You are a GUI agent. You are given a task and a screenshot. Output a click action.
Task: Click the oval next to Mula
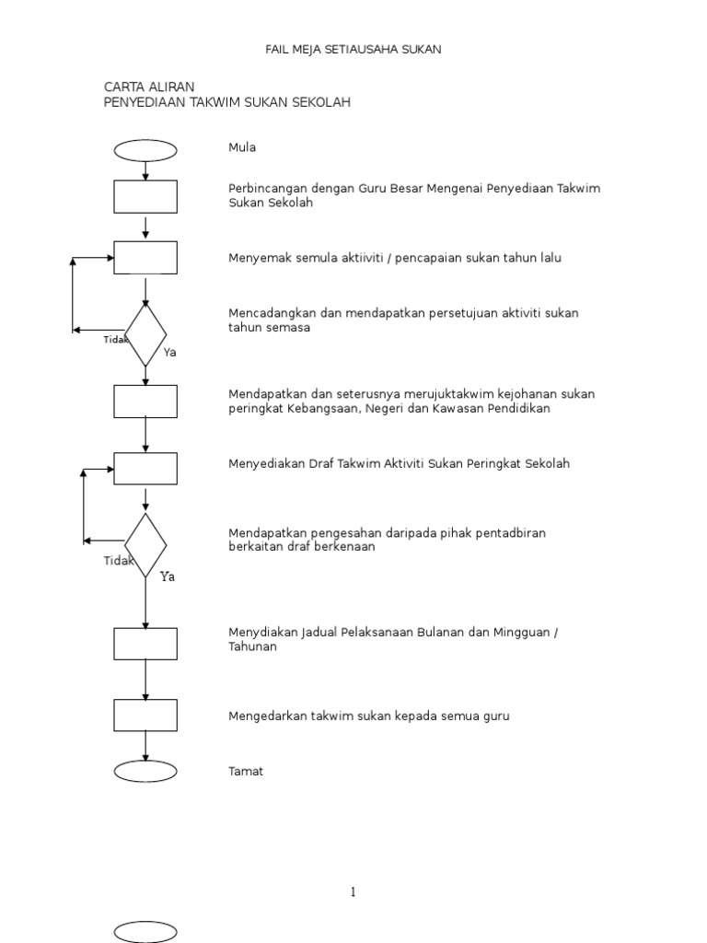145,150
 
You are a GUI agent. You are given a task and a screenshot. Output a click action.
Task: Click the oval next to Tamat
145,771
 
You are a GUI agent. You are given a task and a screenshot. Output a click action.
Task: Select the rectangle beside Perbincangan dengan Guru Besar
145,196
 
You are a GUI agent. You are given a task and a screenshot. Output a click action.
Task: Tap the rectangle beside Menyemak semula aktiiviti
145,258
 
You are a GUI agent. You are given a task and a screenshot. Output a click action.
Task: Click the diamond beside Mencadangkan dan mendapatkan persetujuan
145,335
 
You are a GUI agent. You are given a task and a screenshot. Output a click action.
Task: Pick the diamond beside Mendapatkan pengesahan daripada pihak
145,545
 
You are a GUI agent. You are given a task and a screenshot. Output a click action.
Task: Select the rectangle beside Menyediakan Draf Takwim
145,468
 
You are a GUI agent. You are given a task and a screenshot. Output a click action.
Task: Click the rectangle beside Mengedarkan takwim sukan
145,716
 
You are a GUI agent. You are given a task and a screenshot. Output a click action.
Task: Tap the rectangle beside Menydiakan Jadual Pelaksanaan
145,644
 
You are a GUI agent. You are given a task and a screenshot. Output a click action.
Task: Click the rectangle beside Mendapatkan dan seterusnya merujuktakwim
145,401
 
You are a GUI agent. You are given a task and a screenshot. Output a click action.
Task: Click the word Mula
242,147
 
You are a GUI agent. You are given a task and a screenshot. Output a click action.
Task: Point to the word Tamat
246,772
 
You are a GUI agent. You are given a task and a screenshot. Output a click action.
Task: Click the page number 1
353,891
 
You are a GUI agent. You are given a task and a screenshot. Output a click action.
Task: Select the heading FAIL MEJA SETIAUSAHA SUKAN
353,50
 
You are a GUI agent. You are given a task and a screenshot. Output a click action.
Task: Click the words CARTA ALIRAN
149,87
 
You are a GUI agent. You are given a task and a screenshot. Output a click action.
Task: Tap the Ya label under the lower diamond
167,577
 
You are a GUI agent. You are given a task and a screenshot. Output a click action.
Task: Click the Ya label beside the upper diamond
169,353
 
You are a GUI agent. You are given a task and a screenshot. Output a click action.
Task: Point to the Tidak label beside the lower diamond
118,561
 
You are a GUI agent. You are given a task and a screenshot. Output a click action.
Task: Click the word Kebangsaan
321,409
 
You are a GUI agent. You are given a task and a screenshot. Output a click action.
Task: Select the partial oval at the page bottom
145,932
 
